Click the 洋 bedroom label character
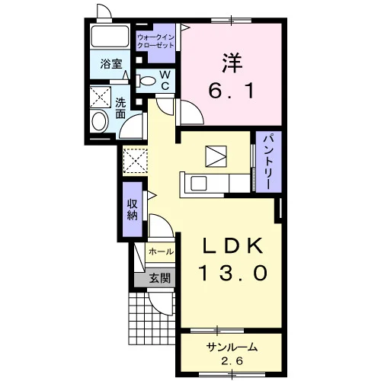(232, 62)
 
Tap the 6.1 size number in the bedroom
(231, 91)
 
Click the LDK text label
(232, 246)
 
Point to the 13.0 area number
(234, 273)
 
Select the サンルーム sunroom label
(232, 347)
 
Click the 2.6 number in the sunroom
(232, 360)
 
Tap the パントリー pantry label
(268, 162)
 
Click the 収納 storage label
(133, 210)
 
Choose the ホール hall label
(161, 251)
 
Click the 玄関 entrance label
(159, 278)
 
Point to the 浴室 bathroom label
(111, 64)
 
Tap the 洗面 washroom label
(120, 108)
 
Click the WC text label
(165, 80)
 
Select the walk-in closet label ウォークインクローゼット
(155, 41)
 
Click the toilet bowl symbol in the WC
(146, 81)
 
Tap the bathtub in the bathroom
(110, 36)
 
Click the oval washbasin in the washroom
(99, 121)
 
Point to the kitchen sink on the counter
(198, 184)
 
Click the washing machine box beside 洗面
(101, 97)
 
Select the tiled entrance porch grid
(152, 319)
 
